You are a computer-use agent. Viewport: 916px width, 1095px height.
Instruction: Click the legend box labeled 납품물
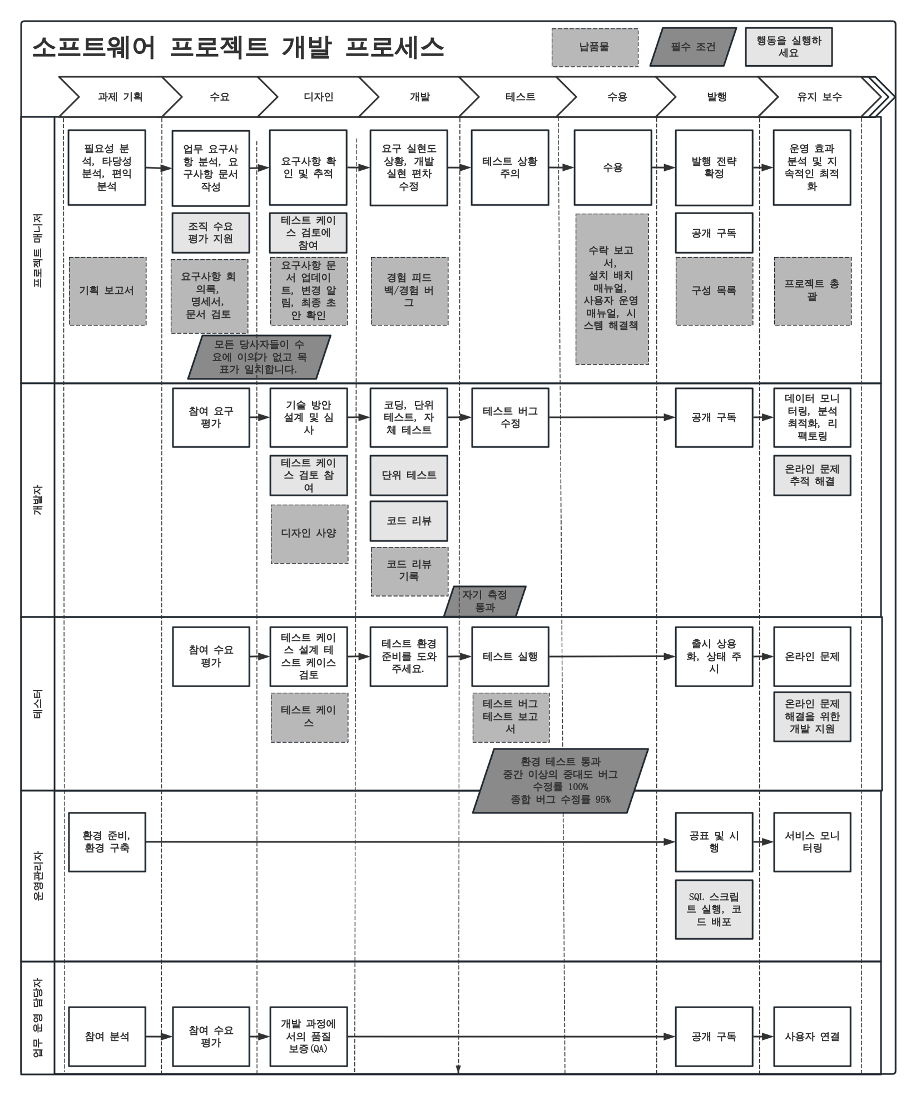[x=595, y=47]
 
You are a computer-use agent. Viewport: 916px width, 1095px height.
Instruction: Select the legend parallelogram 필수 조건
[x=693, y=47]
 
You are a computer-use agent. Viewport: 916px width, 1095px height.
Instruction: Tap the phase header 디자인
[x=319, y=97]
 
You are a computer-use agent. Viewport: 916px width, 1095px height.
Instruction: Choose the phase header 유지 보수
[x=819, y=97]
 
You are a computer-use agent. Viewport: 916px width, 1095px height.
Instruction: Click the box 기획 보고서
[x=107, y=290]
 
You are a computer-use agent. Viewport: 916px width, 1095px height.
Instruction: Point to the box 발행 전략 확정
[x=714, y=167]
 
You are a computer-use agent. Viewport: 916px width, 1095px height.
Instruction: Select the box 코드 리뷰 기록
[x=409, y=571]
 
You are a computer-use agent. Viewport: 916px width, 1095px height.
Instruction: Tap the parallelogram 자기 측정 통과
[x=485, y=601]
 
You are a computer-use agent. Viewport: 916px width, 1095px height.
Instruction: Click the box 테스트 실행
[x=510, y=657]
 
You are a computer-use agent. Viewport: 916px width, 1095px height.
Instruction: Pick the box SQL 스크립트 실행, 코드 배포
[x=714, y=909]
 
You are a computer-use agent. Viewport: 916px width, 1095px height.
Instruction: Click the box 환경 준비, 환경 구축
[x=107, y=842]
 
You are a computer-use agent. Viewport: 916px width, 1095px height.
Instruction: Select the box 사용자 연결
[x=812, y=1036]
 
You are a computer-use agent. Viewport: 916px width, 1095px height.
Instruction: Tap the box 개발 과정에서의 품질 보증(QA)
[x=309, y=1036]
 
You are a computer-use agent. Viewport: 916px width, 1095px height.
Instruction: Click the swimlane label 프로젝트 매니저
[x=38, y=250]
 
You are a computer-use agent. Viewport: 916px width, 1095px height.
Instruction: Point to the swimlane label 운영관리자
[x=38, y=875]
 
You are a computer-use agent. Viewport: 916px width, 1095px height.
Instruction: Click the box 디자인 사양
[x=309, y=534]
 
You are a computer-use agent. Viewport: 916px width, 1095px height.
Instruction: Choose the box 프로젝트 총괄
[x=813, y=290]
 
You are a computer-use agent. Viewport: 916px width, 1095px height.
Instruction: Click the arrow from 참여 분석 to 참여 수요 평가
[x=159, y=1036]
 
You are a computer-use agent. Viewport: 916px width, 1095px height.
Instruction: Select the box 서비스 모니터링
[x=812, y=842]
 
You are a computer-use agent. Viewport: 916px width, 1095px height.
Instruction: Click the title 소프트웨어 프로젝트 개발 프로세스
[x=238, y=48]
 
